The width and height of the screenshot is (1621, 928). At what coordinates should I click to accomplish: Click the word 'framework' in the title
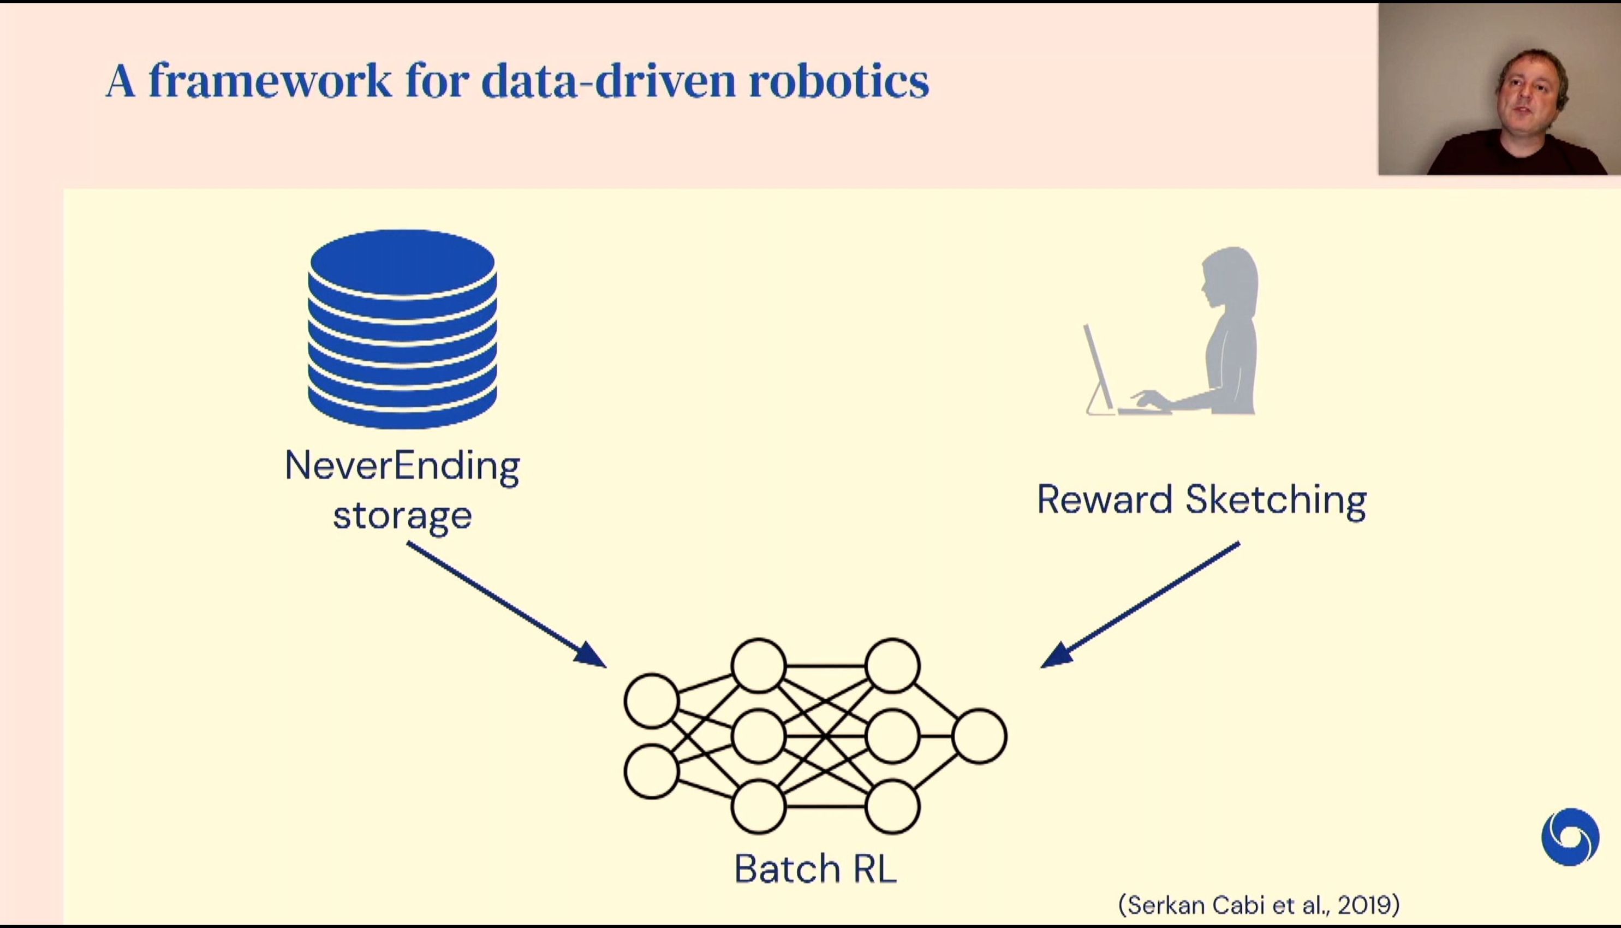pos(270,81)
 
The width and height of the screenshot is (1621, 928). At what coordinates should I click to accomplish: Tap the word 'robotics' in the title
pos(839,81)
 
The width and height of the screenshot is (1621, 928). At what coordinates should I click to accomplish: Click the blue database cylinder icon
pos(402,329)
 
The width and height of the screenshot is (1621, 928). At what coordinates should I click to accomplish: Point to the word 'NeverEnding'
pos(402,467)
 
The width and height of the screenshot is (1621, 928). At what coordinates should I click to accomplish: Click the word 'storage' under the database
pos(402,515)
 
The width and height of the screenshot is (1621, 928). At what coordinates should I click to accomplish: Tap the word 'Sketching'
pos(1276,499)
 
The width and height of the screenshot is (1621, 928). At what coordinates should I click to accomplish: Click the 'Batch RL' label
pos(815,868)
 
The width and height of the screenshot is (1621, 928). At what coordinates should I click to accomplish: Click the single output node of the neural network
pos(979,736)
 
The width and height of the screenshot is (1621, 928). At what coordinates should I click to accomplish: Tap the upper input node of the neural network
pos(651,701)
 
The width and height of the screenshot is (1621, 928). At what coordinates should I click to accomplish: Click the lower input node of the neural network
pos(651,771)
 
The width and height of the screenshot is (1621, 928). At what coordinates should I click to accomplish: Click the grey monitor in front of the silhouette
pos(1099,370)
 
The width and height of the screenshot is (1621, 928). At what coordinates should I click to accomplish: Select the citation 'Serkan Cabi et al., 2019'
pos(1259,905)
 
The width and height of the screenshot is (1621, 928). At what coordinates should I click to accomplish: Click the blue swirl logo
pos(1570,837)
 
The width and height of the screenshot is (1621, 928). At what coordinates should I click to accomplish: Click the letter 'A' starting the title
pos(121,81)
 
